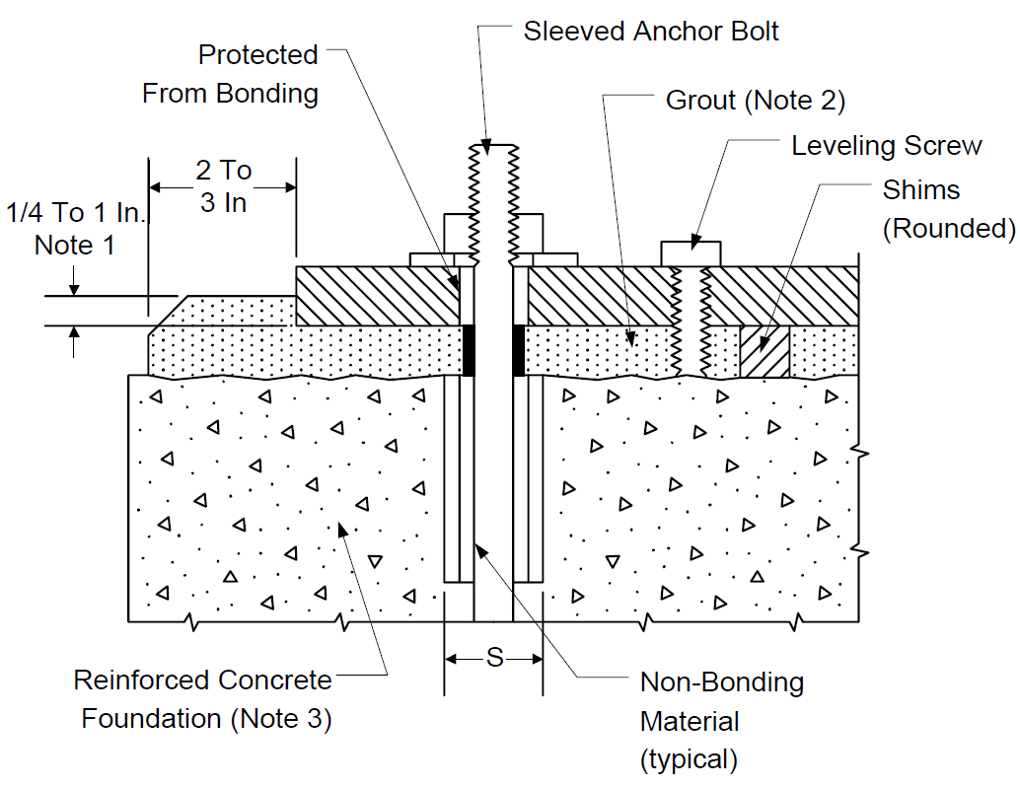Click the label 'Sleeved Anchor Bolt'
(651, 32)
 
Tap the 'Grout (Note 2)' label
(756, 101)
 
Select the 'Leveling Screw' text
(887, 146)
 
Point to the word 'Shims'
(921, 189)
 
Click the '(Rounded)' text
(949, 228)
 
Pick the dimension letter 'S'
(495, 657)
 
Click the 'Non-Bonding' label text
(722, 682)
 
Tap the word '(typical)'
(689, 759)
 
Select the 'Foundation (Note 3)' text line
(206, 718)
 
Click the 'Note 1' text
(74, 246)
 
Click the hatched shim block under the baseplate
(765, 351)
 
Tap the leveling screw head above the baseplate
(691, 253)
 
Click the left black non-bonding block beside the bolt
(469, 350)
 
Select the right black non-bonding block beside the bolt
(519, 350)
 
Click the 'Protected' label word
(257, 54)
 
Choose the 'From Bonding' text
(230, 94)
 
